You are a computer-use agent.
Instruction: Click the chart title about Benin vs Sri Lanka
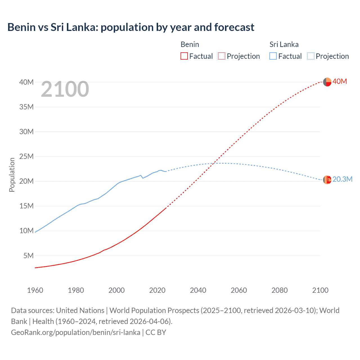(x=131, y=27)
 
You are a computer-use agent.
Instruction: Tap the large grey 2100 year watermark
(x=65, y=89)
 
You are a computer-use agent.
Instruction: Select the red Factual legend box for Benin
(x=184, y=56)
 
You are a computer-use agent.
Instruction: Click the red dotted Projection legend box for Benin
(x=222, y=56)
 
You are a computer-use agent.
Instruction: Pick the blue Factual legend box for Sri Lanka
(x=273, y=56)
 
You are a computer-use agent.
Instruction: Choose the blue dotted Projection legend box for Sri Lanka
(x=311, y=56)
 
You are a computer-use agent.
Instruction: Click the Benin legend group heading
(x=190, y=44)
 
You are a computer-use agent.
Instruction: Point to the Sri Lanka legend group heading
(x=284, y=44)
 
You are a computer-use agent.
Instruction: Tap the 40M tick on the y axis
(x=26, y=82)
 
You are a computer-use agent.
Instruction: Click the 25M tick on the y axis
(x=26, y=156)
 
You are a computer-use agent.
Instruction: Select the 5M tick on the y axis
(x=28, y=256)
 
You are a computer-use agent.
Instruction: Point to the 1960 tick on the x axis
(x=35, y=290)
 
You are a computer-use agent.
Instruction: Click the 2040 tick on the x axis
(x=198, y=290)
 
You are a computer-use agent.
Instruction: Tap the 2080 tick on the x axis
(x=280, y=290)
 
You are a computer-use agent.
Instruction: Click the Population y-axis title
(x=12, y=175)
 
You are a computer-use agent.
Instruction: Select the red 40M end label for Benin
(x=340, y=82)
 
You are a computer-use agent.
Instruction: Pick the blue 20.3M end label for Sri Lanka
(x=342, y=179)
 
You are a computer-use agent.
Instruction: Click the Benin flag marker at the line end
(x=327, y=82)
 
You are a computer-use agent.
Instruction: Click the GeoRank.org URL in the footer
(x=76, y=332)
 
